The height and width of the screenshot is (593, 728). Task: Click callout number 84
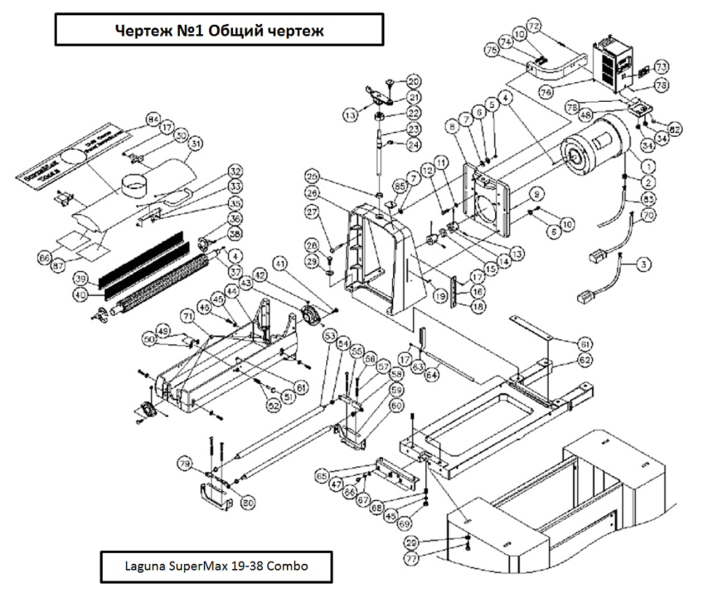(153, 119)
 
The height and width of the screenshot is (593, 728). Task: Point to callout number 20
(414, 81)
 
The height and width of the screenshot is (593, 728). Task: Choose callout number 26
(313, 194)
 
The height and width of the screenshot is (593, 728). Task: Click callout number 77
(412, 561)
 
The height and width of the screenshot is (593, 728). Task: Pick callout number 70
(649, 215)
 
